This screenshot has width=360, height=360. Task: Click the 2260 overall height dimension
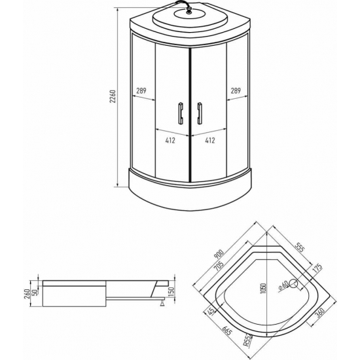point(113,96)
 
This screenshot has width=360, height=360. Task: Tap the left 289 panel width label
point(141,91)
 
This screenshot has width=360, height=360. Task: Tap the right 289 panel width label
point(236,91)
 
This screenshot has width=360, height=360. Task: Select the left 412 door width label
point(170,140)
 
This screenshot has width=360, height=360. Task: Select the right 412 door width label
point(210,140)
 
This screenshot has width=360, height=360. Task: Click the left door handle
point(181,113)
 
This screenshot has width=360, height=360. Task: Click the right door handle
point(200,113)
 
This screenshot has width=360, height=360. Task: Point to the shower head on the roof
point(189,10)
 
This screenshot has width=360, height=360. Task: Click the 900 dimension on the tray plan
point(219,254)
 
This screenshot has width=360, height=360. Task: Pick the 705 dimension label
point(219,266)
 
